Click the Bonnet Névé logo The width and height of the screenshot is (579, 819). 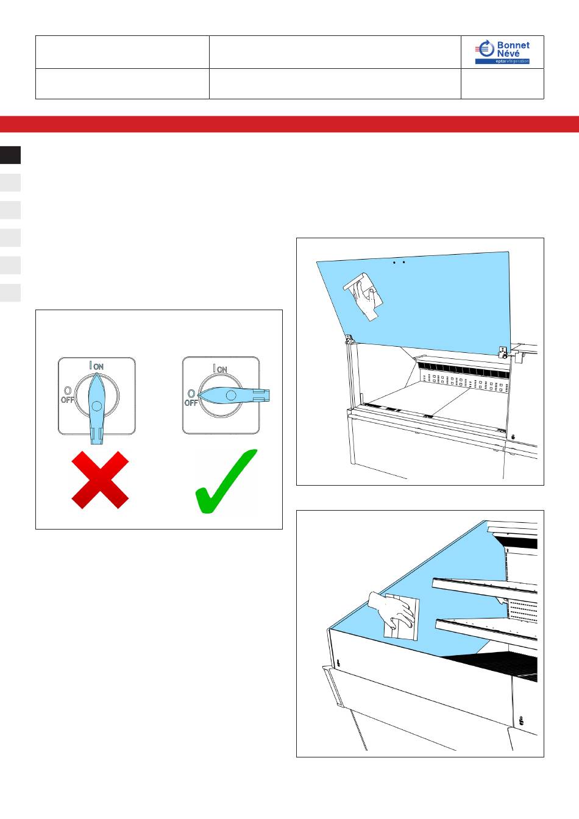click(502, 52)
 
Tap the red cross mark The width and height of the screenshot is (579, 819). click(100, 480)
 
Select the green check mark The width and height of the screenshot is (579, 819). click(226, 481)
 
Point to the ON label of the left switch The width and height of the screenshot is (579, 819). click(99, 366)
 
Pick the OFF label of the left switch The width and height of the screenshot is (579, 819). click(67, 400)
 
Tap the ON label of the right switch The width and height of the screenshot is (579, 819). click(222, 370)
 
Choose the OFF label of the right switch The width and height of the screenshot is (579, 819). click(191, 403)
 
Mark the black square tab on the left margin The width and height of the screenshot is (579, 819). click(10, 155)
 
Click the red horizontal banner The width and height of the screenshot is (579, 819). click(289, 124)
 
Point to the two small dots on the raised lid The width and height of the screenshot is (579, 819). click(399, 262)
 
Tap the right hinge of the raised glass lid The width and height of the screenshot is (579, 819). click(503, 352)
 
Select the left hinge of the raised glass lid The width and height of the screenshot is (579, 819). click(349, 340)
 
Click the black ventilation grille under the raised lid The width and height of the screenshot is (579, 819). click(463, 370)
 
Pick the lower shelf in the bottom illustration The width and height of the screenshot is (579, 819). click(486, 629)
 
